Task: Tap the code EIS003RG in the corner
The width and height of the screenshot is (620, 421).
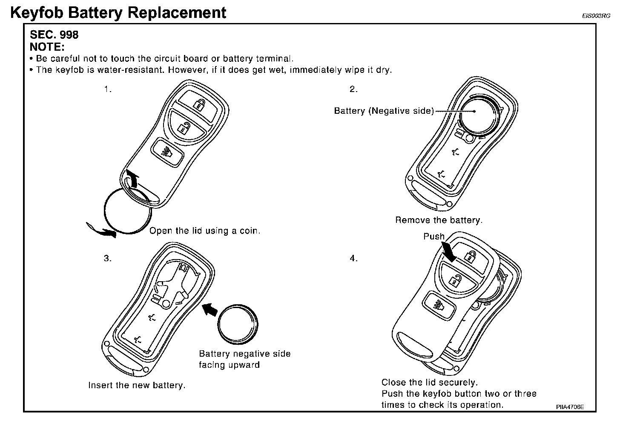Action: pos(597,16)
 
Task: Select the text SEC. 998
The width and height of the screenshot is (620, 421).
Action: pos(54,35)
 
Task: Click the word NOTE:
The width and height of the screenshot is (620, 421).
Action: pos(47,47)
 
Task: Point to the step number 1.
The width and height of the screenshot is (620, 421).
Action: pos(108,89)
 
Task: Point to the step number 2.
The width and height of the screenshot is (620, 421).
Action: pos(353,89)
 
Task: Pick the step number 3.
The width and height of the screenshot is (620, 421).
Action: pos(108,258)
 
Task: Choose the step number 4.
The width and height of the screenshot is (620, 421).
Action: pos(353,258)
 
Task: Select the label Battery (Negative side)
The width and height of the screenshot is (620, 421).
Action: pos(384,111)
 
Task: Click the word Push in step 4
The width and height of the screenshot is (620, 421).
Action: pos(434,236)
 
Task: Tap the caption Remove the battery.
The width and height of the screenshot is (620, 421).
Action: pos(439,220)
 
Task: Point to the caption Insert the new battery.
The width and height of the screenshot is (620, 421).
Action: pos(137,386)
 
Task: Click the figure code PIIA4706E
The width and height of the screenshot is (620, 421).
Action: pos(570,407)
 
